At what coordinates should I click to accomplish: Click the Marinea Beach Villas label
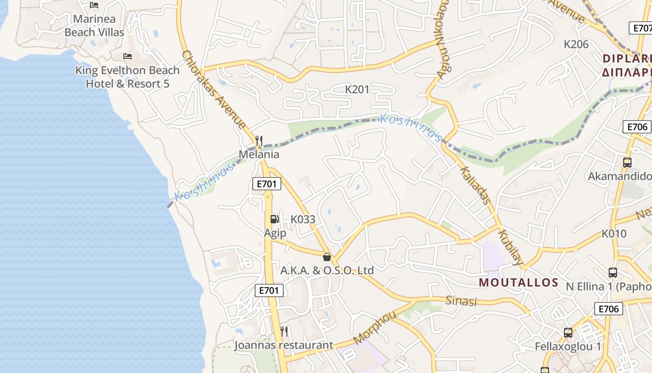pyautogui.click(x=94, y=26)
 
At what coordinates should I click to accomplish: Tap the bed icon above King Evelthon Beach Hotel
pyautogui.click(x=128, y=56)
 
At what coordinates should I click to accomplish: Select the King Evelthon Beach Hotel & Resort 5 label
pyautogui.click(x=127, y=77)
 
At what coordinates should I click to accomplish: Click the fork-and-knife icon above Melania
pyautogui.click(x=259, y=140)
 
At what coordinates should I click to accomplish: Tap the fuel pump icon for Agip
pyautogui.click(x=275, y=219)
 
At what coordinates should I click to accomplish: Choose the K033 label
pyautogui.click(x=303, y=219)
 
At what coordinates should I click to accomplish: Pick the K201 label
pyautogui.click(x=357, y=89)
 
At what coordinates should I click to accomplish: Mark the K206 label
pyautogui.click(x=576, y=44)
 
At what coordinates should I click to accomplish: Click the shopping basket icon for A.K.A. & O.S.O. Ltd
pyautogui.click(x=327, y=256)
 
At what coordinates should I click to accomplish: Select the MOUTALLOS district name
pyautogui.click(x=518, y=282)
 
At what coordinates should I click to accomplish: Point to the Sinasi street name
pyautogui.click(x=462, y=301)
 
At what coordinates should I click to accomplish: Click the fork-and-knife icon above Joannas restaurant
pyautogui.click(x=284, y=332)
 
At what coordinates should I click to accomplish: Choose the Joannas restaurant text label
pyautogui.click(x=284, y=345)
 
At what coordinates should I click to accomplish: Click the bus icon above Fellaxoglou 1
pyautogui.click(x=568, y=333)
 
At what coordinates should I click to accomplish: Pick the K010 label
pyautogui.click(x=614, y=234)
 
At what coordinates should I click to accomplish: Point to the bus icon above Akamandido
pyautogui.click(x=627, y=163)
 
